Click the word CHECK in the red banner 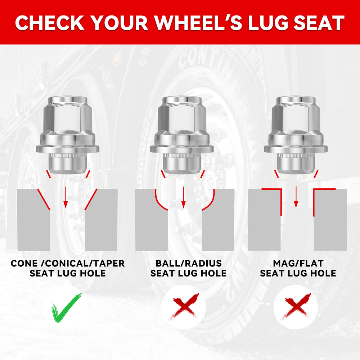click(x=50, y=23)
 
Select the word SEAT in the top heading click(x=319, y=23)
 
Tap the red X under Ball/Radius click(x=184, y=307)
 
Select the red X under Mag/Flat click(x=296, y=307)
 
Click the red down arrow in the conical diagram click(x=66, y=197)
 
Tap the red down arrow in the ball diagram click(x=183, y=197)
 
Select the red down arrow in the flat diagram click(x=296, y=197)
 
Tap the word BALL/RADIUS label click(x=189, y=264)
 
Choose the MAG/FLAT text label click(x=298, y=264)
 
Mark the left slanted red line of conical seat click(x=44, y=199)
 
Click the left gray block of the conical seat click(x=33, y=220)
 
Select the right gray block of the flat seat click(x=330, y=220)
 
